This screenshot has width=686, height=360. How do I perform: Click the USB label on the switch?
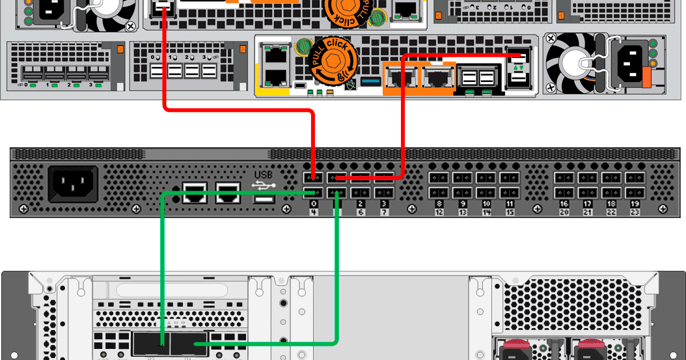264,174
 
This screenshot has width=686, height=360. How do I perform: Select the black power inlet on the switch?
73,184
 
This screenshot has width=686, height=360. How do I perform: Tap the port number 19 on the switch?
634,204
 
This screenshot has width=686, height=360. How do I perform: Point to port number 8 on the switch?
439,204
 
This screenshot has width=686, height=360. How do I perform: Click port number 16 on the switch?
564,204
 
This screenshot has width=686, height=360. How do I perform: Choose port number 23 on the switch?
634,212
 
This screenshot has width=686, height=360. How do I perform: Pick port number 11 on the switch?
510,204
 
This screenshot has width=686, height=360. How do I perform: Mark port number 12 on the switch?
439,212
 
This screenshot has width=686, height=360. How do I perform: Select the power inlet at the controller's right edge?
631,63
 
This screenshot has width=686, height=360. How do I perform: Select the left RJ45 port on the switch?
195,191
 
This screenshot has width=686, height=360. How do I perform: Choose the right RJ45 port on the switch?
228,191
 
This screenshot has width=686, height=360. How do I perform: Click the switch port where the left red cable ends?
313,178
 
